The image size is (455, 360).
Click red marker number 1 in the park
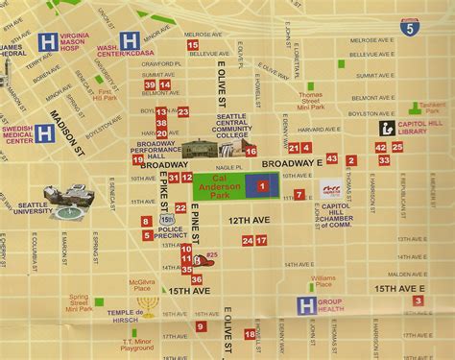[x=262, y=184]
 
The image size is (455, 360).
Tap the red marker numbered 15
[x=193, y=44]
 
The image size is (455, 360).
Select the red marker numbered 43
[x=331, y=158]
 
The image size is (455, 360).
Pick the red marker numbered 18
[x=249, y=334]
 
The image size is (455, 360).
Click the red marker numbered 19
[x=138, y=159]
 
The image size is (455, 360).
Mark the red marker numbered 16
[x=251, y=151]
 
